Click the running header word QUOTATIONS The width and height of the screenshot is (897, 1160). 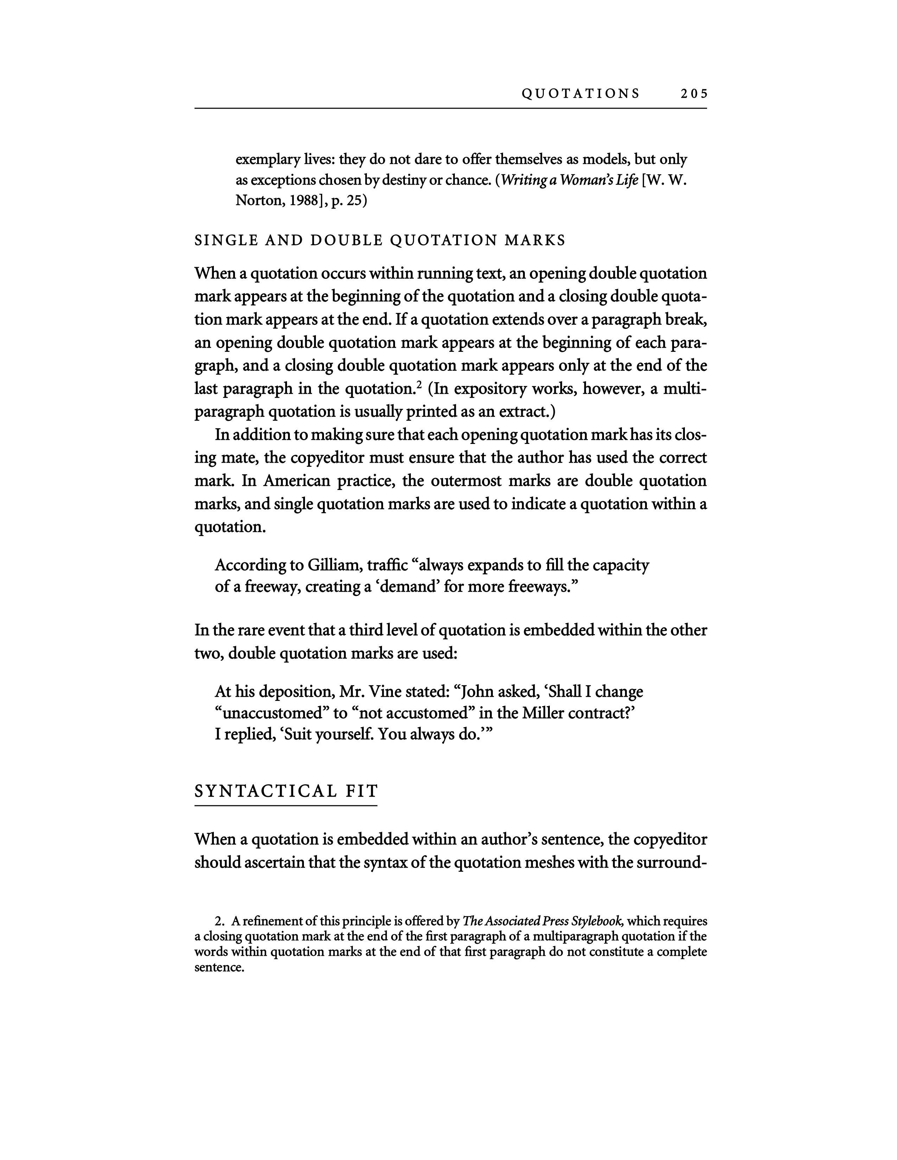[x=581, y=94]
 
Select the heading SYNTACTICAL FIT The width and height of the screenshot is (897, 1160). [x=286, y=791]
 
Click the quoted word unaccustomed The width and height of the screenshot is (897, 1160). [x=269, y=713]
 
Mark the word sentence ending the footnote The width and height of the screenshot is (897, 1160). [x=218, y=967]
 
